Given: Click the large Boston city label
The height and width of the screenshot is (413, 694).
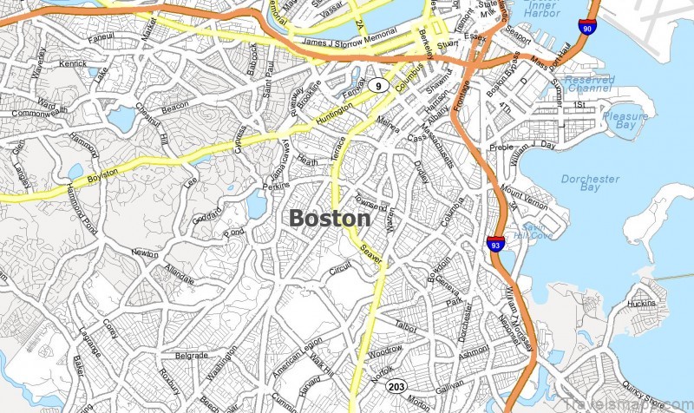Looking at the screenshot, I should coord(329,218).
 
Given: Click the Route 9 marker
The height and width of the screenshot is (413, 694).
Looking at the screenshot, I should coord(377,84).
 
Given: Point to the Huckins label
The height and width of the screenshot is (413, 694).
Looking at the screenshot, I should coord(641,304).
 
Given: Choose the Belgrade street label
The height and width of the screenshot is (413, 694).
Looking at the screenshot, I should coord(192,355).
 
